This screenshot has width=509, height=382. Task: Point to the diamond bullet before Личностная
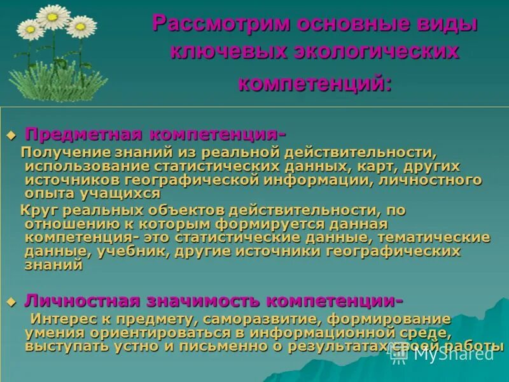pyautogui.click(x=10, y=301)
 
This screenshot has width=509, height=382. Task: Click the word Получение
pyautogui.click(x=57, y=153)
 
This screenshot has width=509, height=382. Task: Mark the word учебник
pyautogui.click(x=130, y=251)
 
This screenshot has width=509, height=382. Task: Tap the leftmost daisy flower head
pyautogui.click(x=29, y=28)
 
